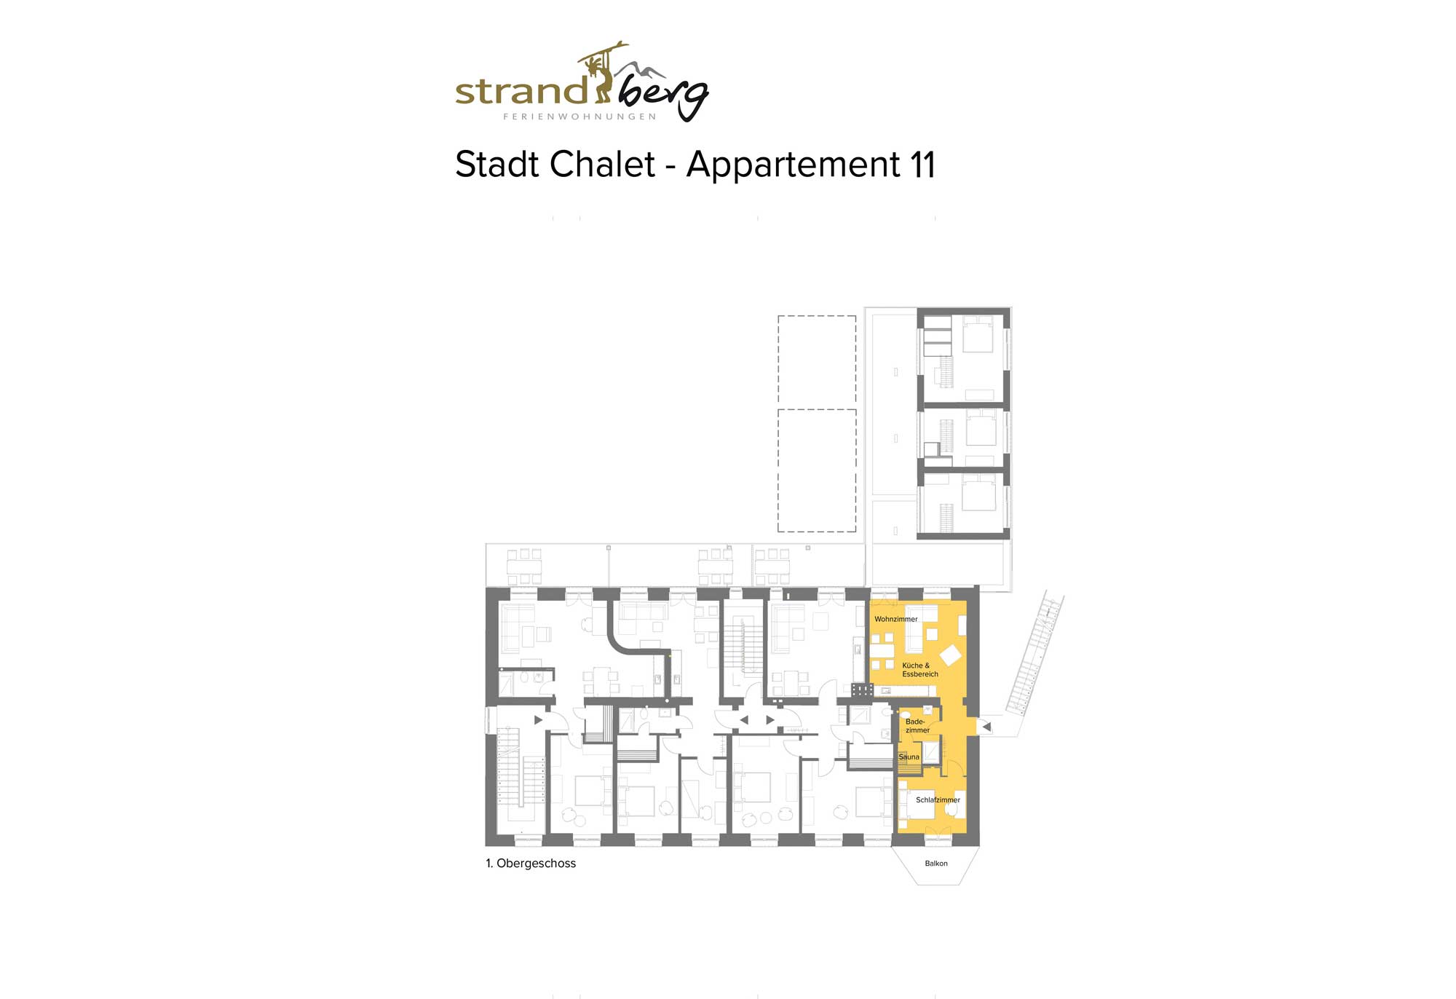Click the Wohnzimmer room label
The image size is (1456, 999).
[895, 619]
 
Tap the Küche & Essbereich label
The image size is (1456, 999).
[920, 670]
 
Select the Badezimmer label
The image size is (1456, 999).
[917, 726]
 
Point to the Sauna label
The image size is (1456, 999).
[909, 757]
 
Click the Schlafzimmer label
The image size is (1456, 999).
[938, 799]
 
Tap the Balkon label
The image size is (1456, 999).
[936, 864]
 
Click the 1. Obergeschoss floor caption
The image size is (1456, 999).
[531, 864]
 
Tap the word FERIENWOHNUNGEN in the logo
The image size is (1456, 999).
[579, 117]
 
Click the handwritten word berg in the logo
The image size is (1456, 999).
[662, 95]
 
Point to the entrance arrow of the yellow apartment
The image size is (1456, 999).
[986, 726]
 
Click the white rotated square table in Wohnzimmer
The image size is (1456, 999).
[950, 655]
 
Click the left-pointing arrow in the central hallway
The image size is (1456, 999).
[744, 720]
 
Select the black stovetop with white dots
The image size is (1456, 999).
[862, 689]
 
